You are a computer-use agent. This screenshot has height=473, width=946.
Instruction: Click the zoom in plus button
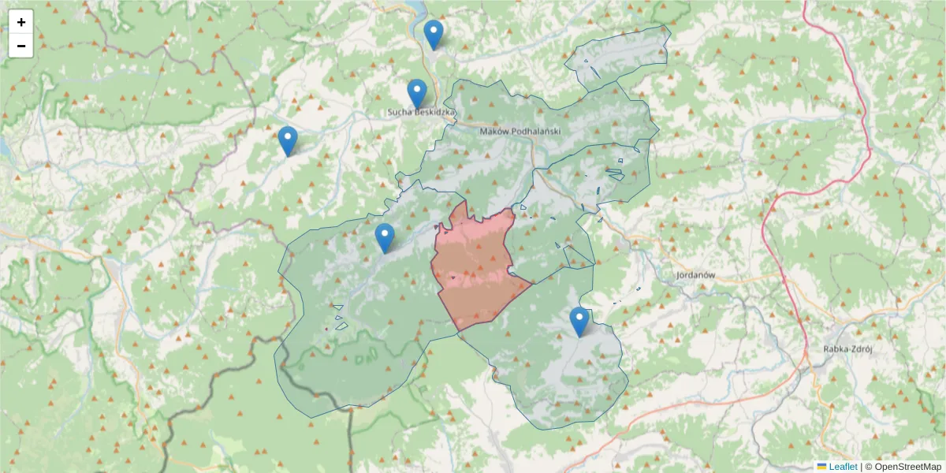[21, 22]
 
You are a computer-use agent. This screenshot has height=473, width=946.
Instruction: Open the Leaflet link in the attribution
[843, 467]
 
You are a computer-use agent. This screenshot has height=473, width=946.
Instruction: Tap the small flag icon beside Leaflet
[821, 467]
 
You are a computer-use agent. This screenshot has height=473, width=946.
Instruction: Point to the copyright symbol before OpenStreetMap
[869, 467]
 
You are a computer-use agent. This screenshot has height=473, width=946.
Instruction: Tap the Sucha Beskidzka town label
[422, 113]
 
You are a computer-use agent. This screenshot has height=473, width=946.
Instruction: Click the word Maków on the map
[497, 131]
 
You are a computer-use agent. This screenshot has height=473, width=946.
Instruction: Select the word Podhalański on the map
[538, 131]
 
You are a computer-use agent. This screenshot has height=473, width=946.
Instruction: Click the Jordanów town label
[695, 275]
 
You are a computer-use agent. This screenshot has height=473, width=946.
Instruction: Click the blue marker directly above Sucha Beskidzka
[417, 94]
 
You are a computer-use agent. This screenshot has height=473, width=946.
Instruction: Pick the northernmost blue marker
[434, 34]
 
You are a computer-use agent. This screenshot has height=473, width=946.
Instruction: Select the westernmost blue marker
[288, 140]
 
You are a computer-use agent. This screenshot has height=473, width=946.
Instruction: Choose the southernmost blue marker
[579, 322]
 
